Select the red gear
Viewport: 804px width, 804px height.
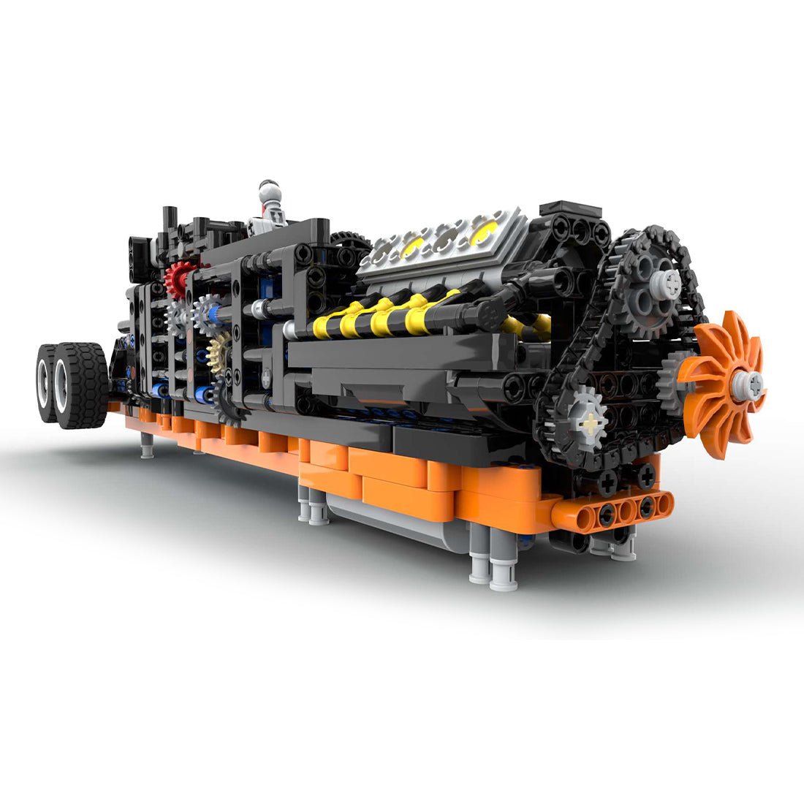178,278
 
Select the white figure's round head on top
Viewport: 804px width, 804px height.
269,191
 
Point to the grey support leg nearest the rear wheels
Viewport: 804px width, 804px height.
147,444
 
